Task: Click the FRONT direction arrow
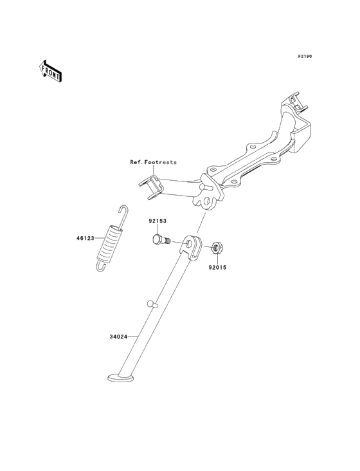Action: [51, 71]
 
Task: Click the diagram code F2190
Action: [305, 56]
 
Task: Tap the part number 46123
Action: [85, 238]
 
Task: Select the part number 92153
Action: [157, 221]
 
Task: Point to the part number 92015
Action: [218, 267]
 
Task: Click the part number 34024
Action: [118, 337]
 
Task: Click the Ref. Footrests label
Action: [153, 162]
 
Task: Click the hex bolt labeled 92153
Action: [161, 240]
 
